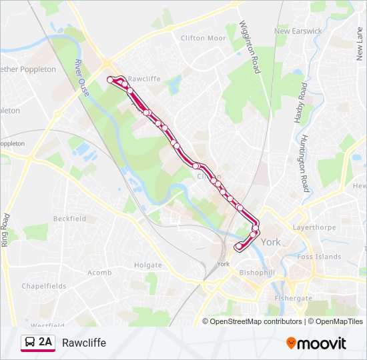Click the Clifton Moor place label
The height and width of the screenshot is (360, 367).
pyautogui.click(x=204, y=38)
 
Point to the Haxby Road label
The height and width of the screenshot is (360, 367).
pyautogui.click(x=300, y=103)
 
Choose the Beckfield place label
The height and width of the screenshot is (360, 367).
pyautogui.click(x=70, y=219)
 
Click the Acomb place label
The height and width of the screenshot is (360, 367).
pyautogui.click(x=99, y=273)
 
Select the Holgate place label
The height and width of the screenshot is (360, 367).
pyautogui.click(x=147, y=265)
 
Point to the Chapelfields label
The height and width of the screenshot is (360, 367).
pyautogui.click(x=44, y=286)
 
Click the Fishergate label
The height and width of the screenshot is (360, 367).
pyautogui.click(x=293, y=299)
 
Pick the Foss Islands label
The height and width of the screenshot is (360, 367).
pyautogui.click(x=319, y=257)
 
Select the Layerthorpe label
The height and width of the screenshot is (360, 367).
pyautogui.click(x=312, y=227)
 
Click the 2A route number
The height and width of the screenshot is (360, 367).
pyautogui.click(x=45, y=343)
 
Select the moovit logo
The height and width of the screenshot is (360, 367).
pyautogui.click(x=316, y=343)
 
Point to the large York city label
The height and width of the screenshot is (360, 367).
pyautogui.click(x=271, y=243)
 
